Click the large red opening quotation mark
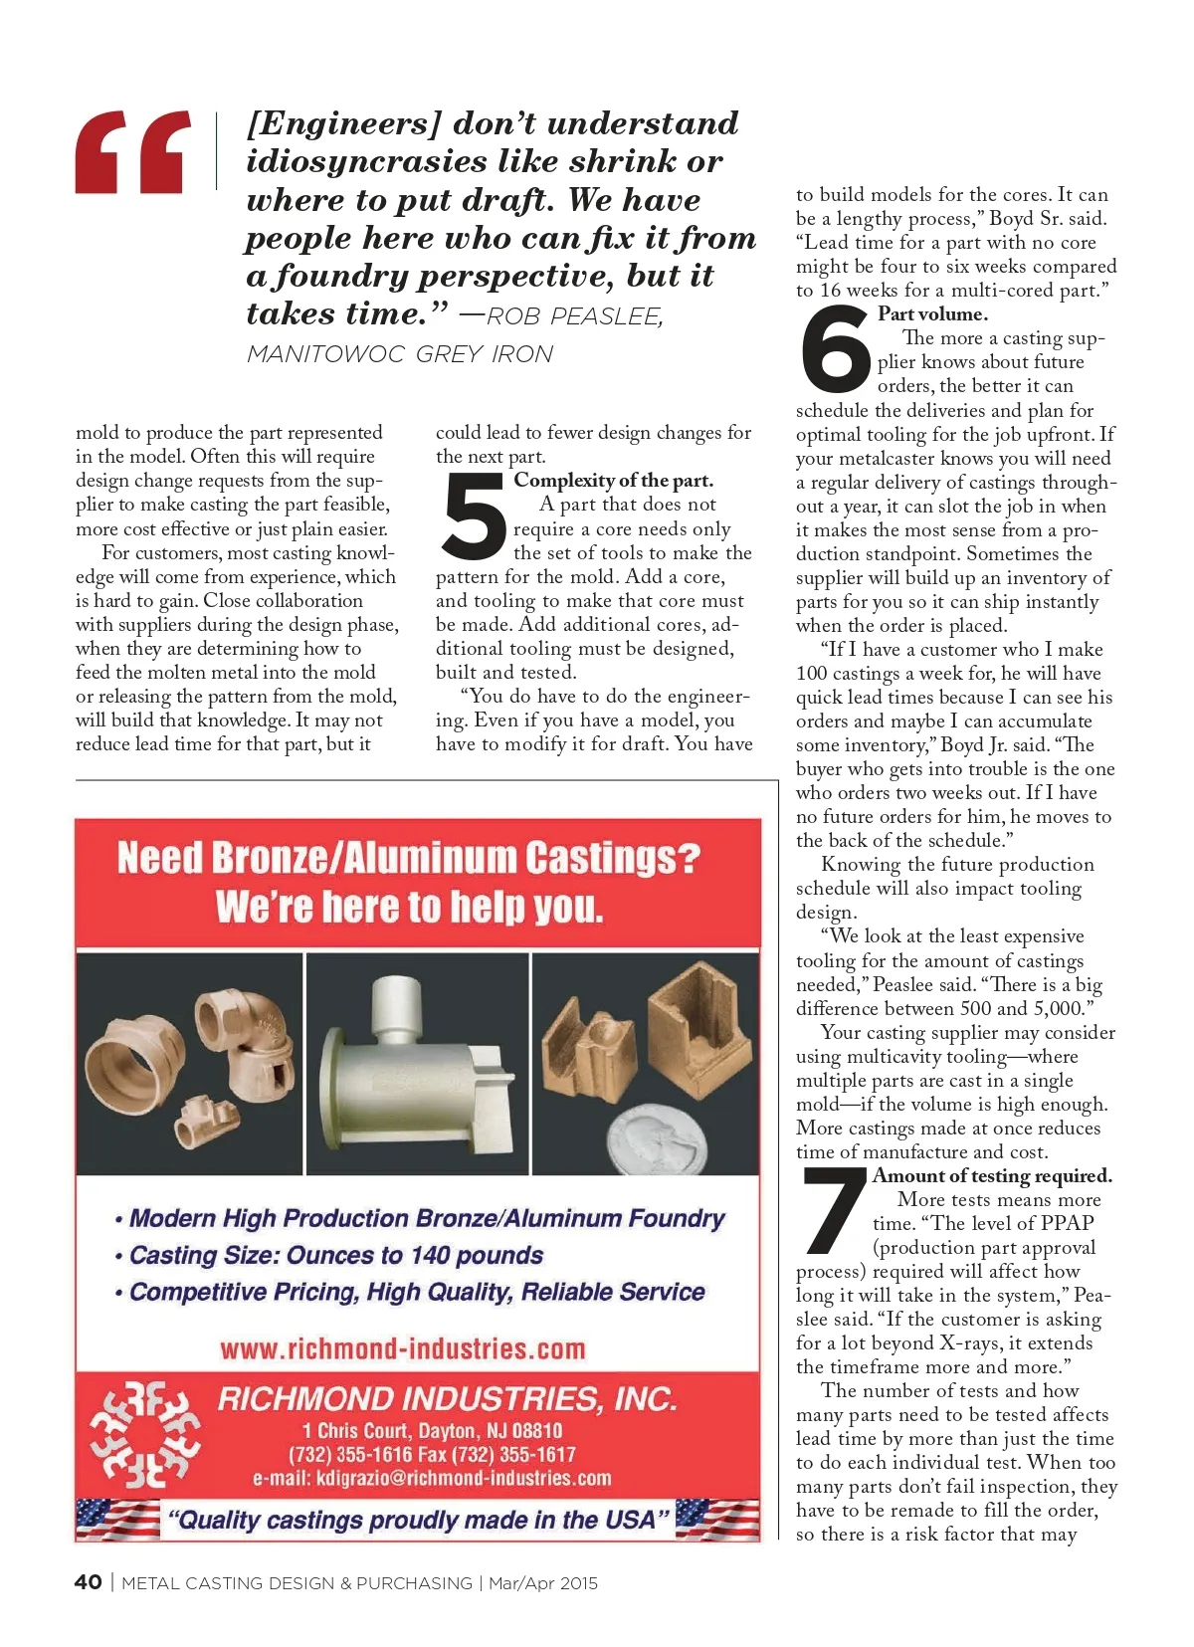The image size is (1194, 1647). click(x=132, y=152)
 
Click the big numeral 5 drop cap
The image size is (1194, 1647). click(x=474, y=516)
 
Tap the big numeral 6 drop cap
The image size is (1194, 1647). click(x=834, y=349)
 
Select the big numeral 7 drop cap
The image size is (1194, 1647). click(x=834, y=1210)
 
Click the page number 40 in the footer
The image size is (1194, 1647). click(x=88, y=1582)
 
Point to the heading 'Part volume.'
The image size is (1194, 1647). click(x=932, y=314)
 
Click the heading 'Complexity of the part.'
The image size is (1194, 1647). click(x=613, y=481)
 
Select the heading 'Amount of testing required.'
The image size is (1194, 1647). click(x=992, y=1176)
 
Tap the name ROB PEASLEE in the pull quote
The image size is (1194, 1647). click(x=574, y=316)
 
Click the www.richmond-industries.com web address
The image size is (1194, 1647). click(x=403, y=1349)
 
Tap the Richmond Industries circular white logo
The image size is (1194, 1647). click(x=144, y=1434)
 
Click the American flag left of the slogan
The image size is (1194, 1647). click(x=117, y=1520)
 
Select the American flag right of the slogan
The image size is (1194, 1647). click(x=717, y=1520)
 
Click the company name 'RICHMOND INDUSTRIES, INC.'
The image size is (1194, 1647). click(x=447, y=1399)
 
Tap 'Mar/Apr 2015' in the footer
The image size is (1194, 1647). click(x=543, y=1583)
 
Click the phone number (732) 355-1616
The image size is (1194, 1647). click(x=350, y=1454)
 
